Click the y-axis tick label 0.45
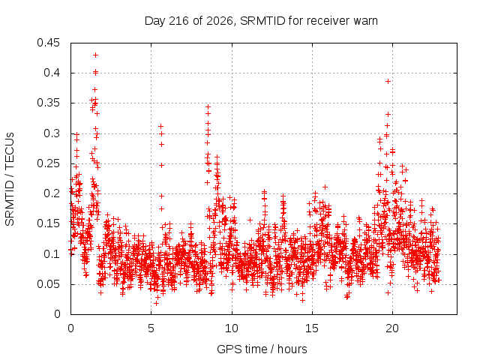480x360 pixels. coord(48,43)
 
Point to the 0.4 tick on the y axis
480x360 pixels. coord(52,73)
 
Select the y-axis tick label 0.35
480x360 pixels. coord(48,103)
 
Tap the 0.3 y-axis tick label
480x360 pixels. coord(52,133)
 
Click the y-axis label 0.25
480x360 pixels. coord(48,163)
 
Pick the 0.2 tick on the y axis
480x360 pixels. coord(52,193)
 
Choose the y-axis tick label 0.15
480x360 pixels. coord(48,223)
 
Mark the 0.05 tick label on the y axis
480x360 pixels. coord(48,284)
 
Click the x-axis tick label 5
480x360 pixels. coord(151,328)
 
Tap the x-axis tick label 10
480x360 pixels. coord(232,328)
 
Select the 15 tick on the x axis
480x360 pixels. coord(312,328)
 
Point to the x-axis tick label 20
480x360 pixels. coord(392,328)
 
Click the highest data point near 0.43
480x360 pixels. coord(95,55)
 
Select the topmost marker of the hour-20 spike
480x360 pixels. coord(388,82)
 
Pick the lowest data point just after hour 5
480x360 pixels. coord(156,303)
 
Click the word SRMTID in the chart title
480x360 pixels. coord(262,21)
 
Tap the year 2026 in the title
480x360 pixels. coord(220,21)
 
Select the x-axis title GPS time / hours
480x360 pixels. coord(262,349)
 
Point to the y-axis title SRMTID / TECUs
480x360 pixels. coord(10,179)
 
